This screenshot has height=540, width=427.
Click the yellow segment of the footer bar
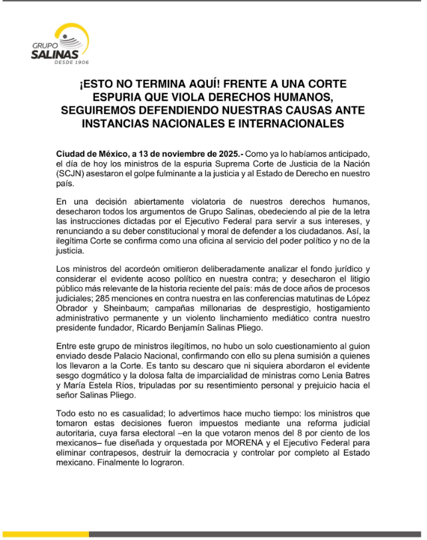(46, 534)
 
